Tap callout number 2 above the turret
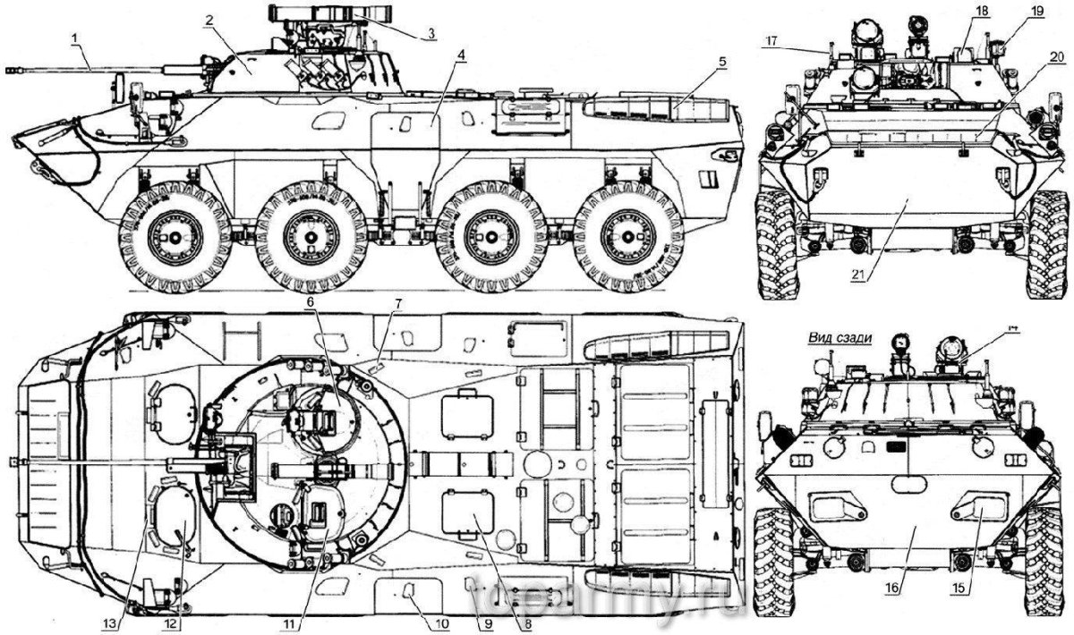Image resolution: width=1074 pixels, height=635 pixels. click(208, 19)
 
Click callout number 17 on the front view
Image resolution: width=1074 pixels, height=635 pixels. click(771, 41)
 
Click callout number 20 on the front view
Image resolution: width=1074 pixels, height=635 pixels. click(1057, 56)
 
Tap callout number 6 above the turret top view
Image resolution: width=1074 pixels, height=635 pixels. click(310, 302)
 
